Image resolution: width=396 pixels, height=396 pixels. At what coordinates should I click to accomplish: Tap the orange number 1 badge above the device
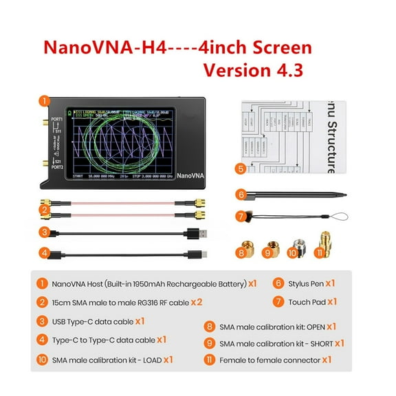[44, 100]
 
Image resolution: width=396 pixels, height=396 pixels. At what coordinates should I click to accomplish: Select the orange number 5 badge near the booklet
[240, 168]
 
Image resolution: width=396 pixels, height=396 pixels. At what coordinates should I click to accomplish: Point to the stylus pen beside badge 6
[296, 195]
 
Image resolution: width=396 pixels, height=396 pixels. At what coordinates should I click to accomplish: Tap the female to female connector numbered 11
[324, 241]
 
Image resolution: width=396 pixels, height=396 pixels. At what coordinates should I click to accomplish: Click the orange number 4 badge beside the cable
[44, 253]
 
